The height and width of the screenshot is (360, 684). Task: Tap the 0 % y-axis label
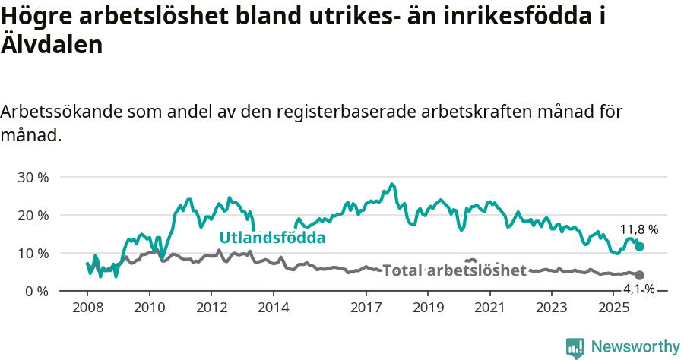tap(36, 291)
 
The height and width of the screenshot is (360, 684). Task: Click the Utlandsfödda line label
tap(272, 238)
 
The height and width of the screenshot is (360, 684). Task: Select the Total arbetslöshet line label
tap(454, 270)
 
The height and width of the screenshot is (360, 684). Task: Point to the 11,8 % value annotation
tap(639, 229)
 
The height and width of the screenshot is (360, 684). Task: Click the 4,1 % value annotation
tap(639, 289)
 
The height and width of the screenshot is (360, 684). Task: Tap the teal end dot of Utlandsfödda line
tap(639, 246)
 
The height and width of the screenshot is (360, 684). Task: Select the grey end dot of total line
tap(639, 275)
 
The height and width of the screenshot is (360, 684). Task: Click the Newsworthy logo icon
tap(575, 347)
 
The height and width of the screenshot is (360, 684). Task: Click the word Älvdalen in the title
tap(51, 45)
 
